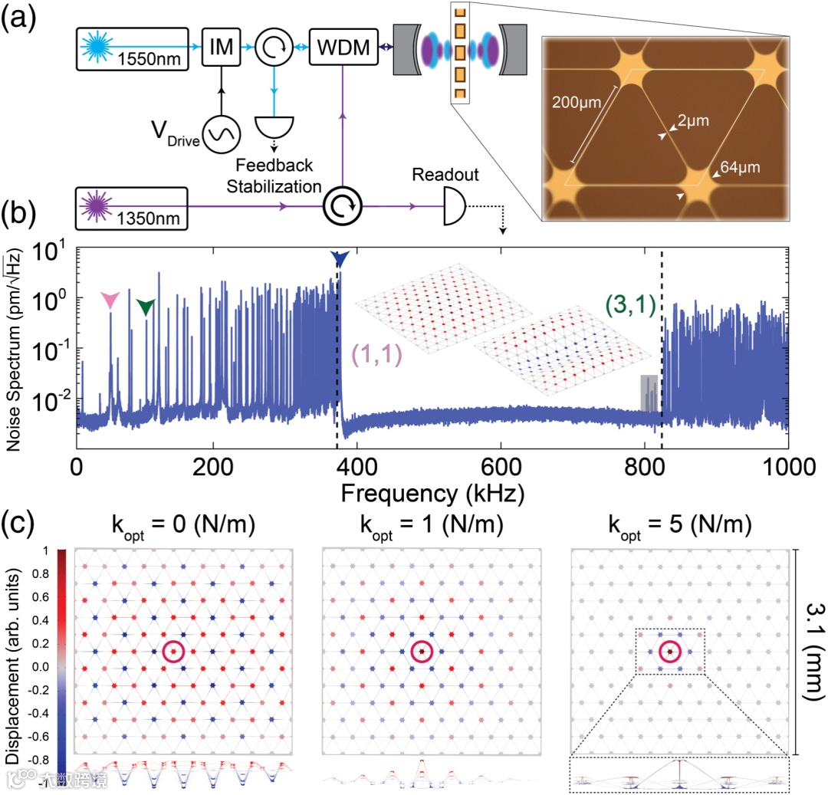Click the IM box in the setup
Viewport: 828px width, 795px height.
[222, 48]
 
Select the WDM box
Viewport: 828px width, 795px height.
[345, 48]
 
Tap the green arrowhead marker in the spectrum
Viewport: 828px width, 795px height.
[145, 307]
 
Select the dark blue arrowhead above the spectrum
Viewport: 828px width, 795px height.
[340, 260]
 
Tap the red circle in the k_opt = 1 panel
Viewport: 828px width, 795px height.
[422, 652]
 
